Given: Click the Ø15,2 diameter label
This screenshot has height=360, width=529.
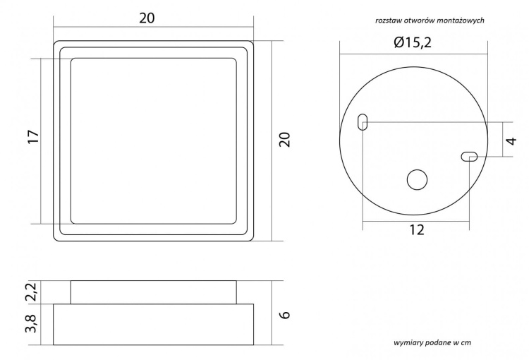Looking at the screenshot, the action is [x=413, y=42].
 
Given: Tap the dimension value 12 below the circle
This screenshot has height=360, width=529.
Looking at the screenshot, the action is [x=417, y=230].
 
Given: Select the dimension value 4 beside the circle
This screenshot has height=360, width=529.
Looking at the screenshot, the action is [x=512, y=140].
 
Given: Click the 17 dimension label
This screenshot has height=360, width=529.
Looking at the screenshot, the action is [x=34, y=137].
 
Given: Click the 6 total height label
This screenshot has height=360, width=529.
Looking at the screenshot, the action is [x=285, y=314].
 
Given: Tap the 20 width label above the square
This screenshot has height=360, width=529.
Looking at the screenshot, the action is [x=147, y=18].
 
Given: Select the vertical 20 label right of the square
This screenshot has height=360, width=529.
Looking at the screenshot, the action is [x=284, y=140].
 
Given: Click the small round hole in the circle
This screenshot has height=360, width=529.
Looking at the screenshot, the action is [x=417, y=180].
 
